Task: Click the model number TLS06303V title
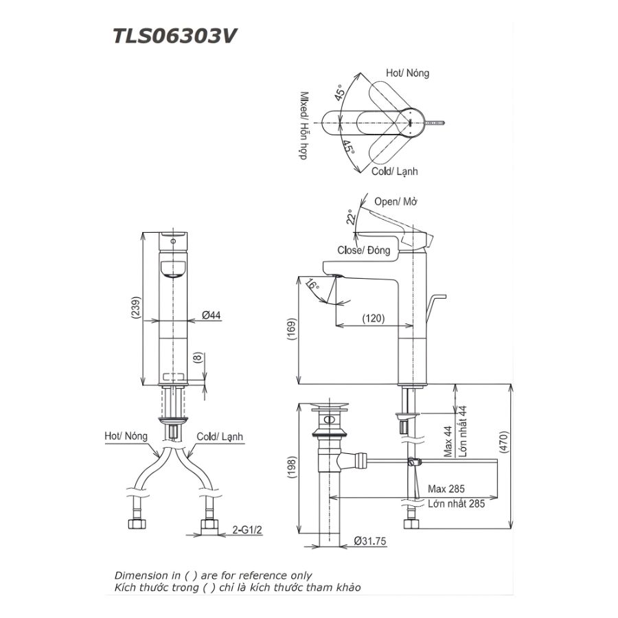175,36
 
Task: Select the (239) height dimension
137,310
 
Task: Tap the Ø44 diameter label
211,315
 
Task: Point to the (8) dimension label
198,358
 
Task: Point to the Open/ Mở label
396,202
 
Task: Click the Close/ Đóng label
364,251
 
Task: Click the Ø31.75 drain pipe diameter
371,542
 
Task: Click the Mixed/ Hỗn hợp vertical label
302,126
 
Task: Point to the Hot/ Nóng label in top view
407,73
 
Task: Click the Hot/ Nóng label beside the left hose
126,436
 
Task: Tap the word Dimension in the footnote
138,575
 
